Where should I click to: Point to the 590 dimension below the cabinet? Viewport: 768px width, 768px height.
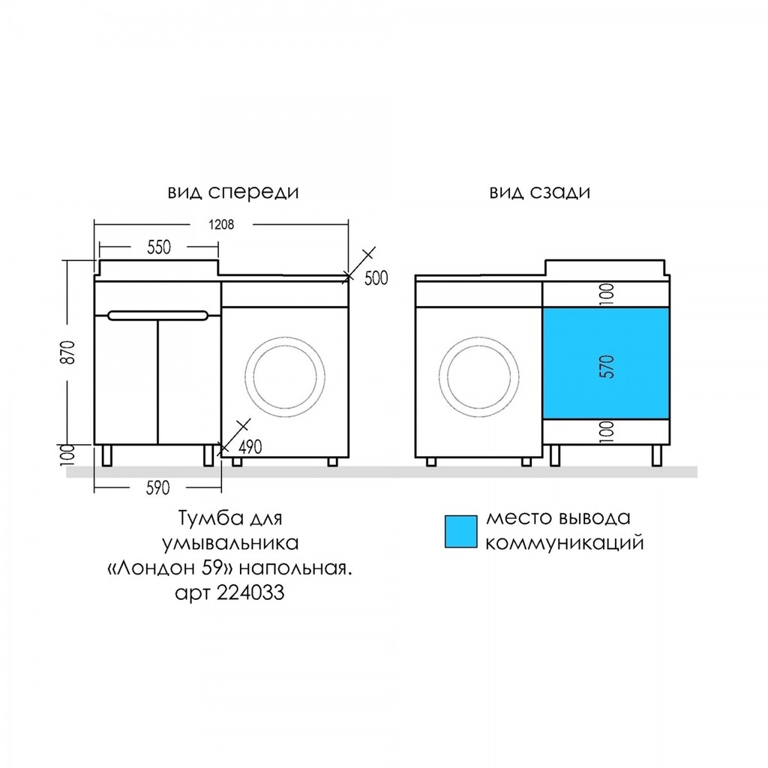pos(157,488)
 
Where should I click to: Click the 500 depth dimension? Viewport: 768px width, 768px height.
pos(376,278)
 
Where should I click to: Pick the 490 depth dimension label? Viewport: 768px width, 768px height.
pos(250,448)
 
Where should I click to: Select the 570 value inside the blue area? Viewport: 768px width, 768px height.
pos(607,365)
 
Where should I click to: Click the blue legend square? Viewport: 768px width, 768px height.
pos(460,532)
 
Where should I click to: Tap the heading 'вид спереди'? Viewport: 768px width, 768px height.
pos(233,192)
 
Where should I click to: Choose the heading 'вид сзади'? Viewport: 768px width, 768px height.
pos(540,192)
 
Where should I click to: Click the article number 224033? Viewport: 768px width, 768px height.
pos(253,592)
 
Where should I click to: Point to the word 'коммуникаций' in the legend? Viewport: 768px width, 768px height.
pos(565,542)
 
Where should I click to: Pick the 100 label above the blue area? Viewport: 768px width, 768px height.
pos(607,293)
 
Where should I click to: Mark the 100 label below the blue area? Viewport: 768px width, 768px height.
pos(607,430)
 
